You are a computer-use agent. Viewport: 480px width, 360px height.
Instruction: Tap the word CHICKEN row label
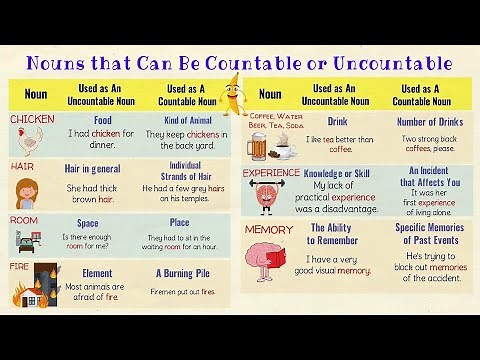pos(32,119)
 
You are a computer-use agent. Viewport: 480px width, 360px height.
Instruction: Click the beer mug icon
pos(257,146)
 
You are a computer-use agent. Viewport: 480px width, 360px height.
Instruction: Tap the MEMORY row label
pos(268,230)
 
